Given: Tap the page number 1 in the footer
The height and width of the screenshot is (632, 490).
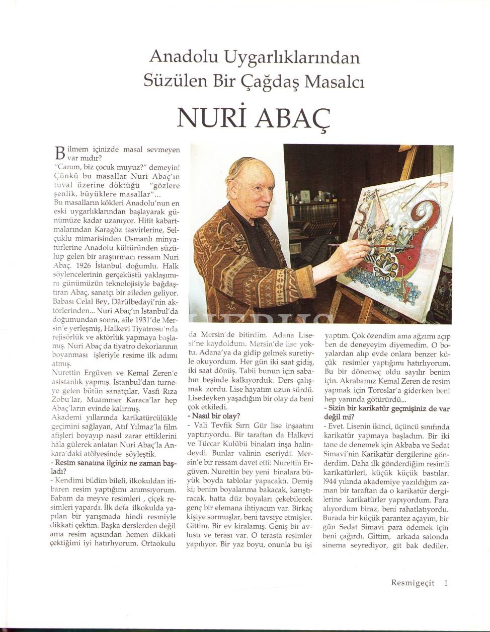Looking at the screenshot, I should click(446, 583).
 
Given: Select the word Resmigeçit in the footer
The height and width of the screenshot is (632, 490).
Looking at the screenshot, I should click(412, 583).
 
